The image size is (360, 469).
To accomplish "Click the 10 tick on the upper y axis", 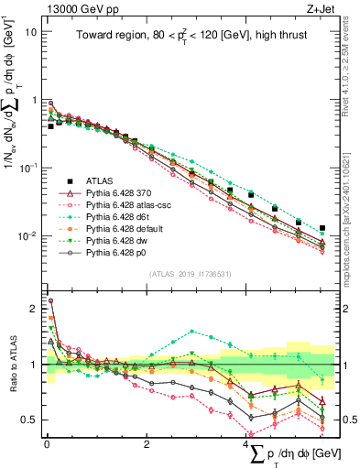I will pyautogui.click(x=31, y=31).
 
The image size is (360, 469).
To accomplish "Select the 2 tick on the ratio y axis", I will pyautogui.click(x=34, y=309).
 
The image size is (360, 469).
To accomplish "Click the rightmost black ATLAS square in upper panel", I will pyautogui.click(x=322, y=228).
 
